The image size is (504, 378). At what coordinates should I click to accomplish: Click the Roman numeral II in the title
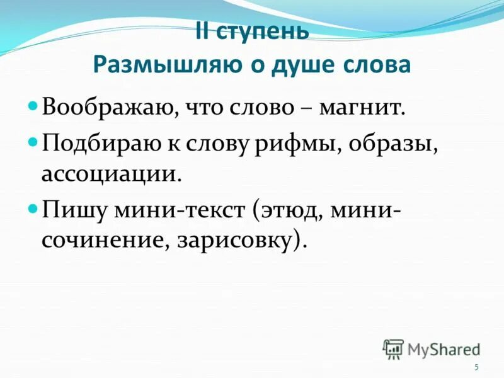pos(202,32)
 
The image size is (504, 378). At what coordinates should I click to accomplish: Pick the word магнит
pos(360,108)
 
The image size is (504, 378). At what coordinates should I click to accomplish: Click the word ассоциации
pos(106,174)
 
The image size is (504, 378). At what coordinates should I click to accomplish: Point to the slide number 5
pos(476,367)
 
